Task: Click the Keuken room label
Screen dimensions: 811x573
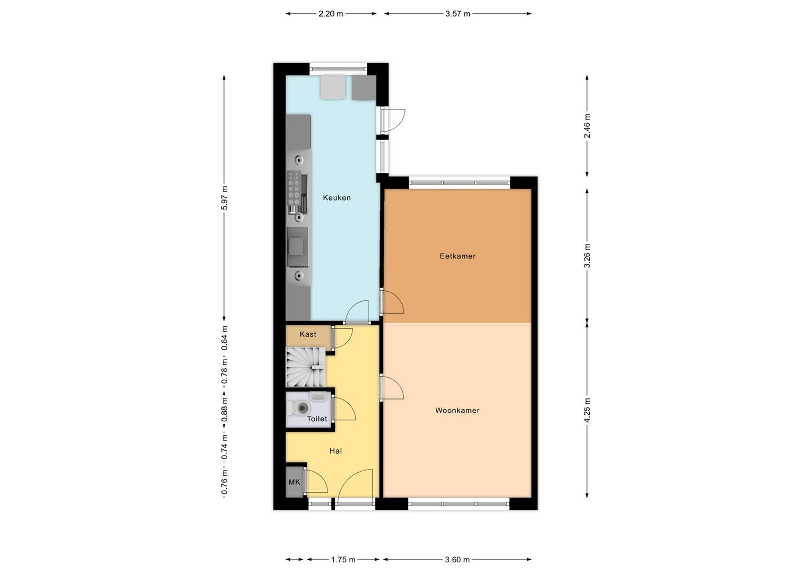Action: (337, 198)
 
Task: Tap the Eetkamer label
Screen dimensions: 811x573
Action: (458, 256)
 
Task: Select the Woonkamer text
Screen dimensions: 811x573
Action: (458, 410)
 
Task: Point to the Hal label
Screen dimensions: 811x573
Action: (335, 450)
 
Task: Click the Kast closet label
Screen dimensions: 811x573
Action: (308, 334)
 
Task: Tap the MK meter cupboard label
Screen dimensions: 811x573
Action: (295, 482)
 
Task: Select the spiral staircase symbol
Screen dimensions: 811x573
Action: (306, 367)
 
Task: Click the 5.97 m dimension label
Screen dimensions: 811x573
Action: (225, 198)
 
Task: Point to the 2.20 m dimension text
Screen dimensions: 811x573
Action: (331, 14)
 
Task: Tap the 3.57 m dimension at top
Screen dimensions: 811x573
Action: (458, 14)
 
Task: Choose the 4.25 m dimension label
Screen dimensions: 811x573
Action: (587, 410)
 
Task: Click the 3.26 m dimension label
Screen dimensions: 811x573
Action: (587, 256)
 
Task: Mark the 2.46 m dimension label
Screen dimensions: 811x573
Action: (587, 126)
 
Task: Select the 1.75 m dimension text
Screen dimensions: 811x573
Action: (343, 560)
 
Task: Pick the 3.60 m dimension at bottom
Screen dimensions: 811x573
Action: (458, 560)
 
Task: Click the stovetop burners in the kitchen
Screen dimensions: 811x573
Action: (294, 188)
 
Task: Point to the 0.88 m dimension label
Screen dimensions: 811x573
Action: (225, 410)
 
